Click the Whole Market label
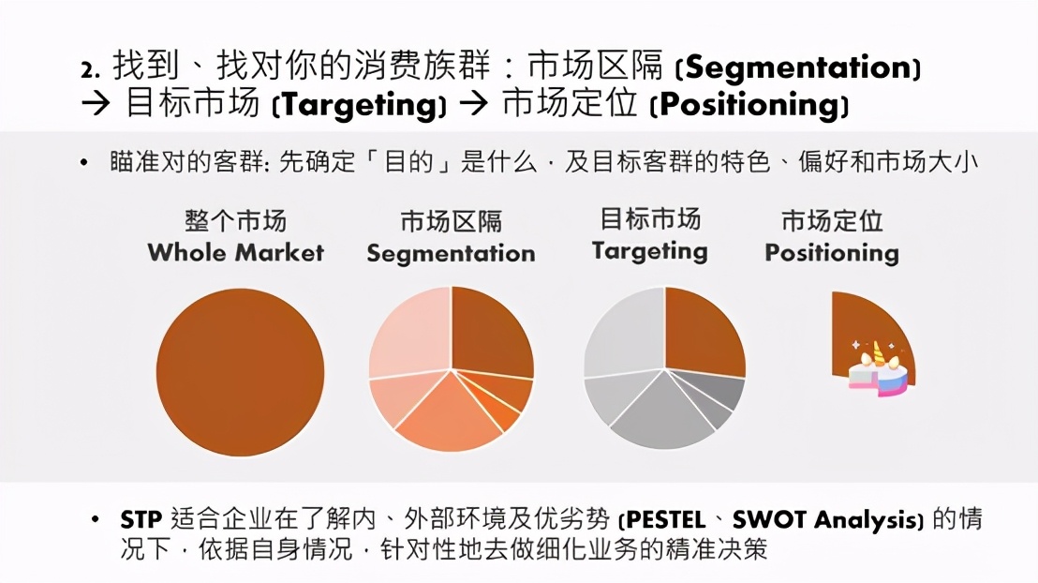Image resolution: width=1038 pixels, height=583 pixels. (x=235, y=252)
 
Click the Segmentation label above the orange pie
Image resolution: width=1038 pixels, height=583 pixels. (x=451, y=254)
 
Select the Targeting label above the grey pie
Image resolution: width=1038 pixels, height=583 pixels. (x=649, y=251)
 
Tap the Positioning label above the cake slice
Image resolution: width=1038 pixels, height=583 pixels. (x=831, y=253)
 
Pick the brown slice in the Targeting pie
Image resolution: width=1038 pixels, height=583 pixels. (x=702, y=328)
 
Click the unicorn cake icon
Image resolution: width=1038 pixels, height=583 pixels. (x=878, y=371)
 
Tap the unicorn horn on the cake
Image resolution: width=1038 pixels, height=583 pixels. (x=878, y=351)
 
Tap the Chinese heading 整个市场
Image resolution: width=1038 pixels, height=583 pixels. (x=235, y=222)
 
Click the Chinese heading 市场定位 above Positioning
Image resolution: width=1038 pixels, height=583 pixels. (x=831, y=222)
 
